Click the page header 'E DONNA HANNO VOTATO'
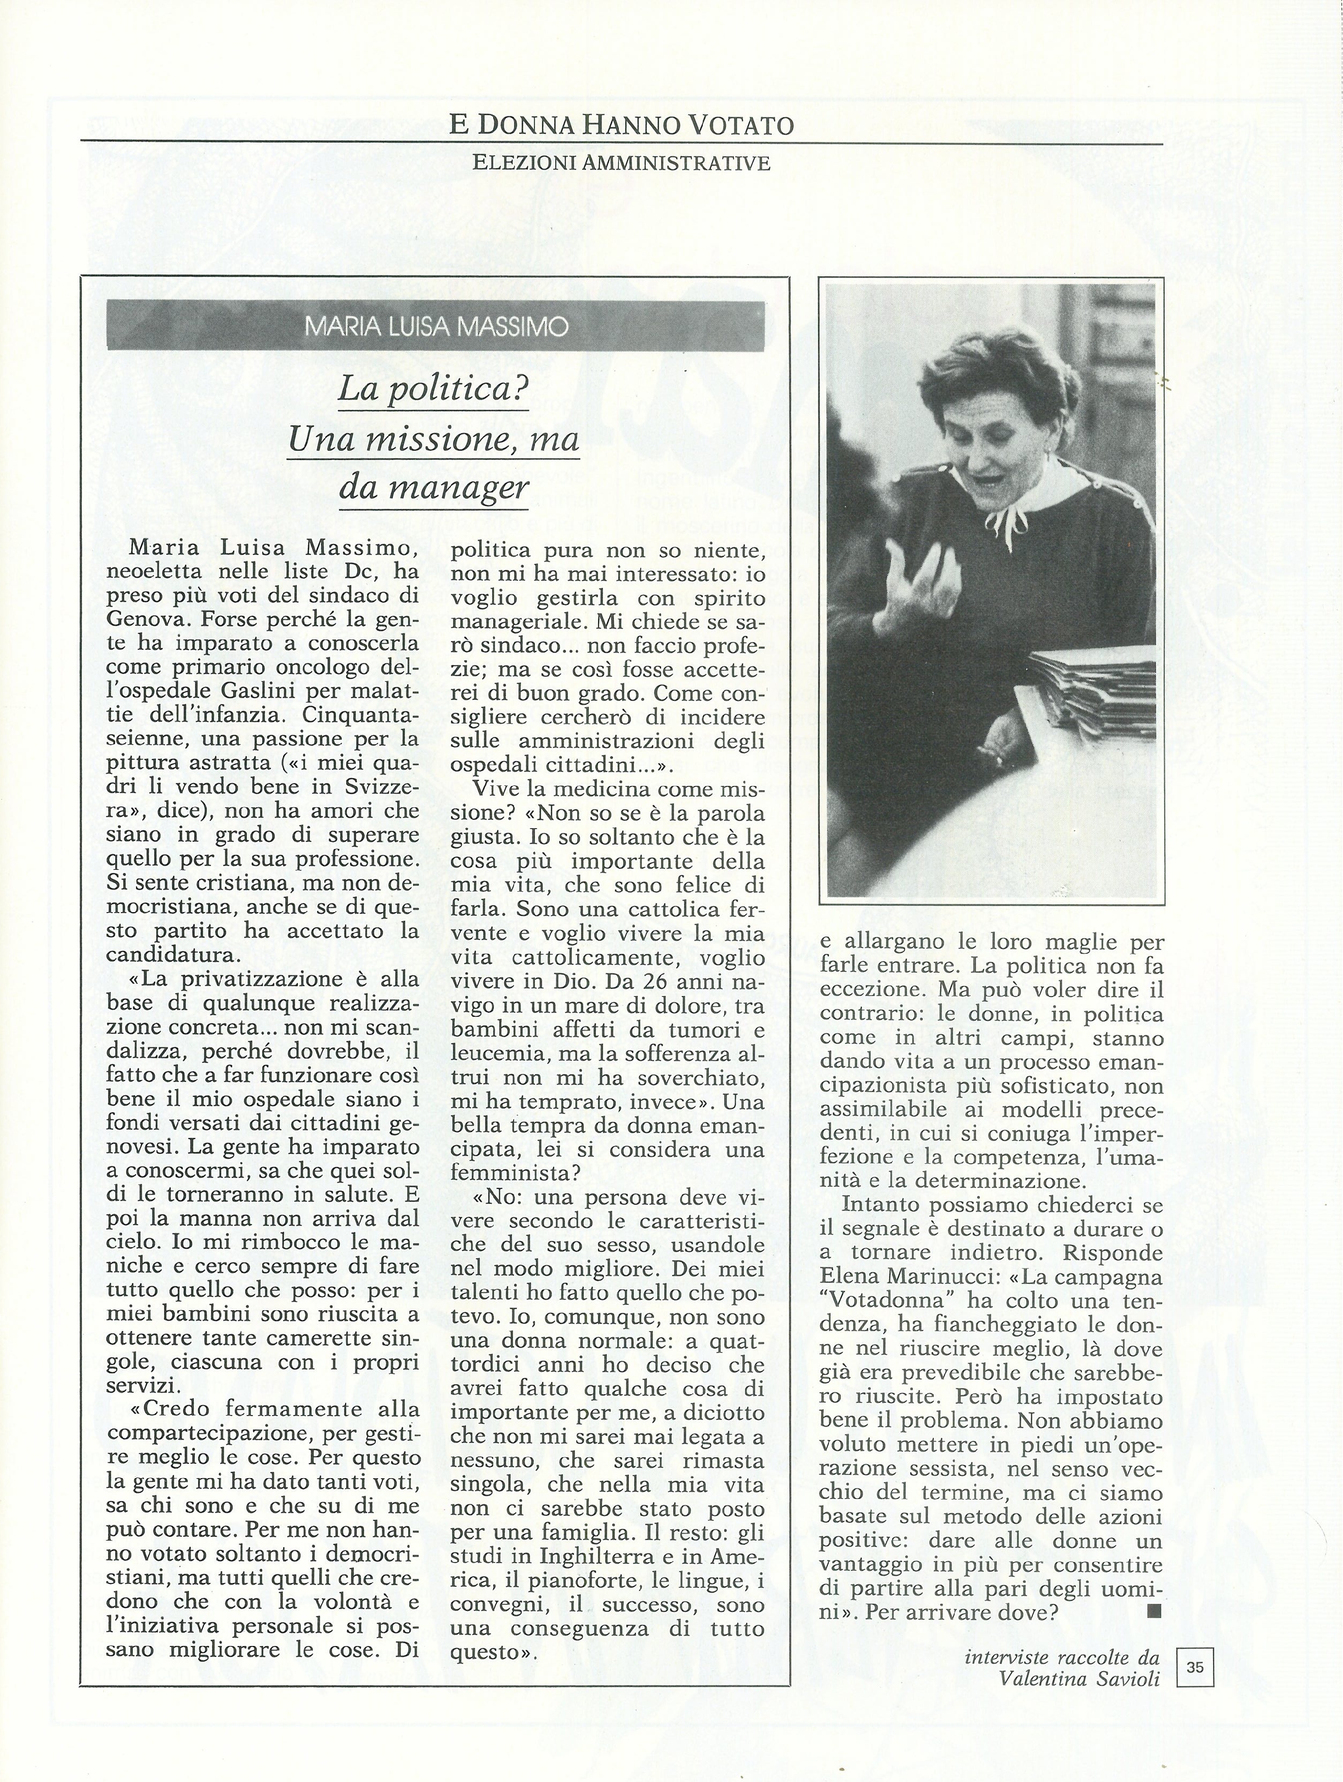(x=621, y=125)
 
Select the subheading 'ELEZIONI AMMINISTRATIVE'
(x=621, y=163)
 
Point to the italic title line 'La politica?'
(x=433, y=390)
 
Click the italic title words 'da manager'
(x=433, y=486)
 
